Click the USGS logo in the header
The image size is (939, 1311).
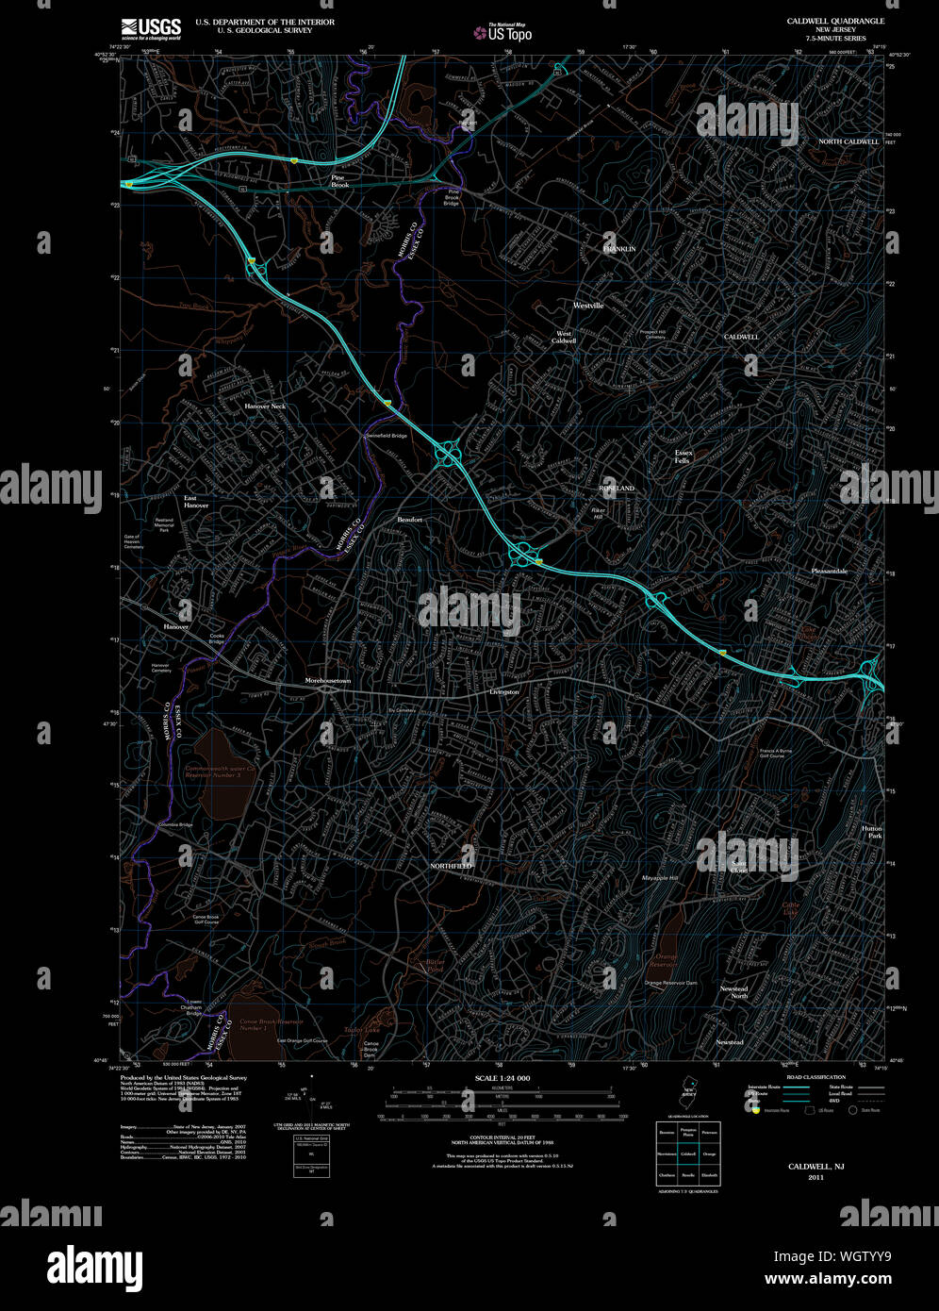[x=150, y=27]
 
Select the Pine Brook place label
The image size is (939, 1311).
[x=339, y=181]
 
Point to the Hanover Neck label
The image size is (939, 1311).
[x=265, y=406]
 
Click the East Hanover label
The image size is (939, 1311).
[x=196, y=501]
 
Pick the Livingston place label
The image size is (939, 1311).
[x=504, y=692]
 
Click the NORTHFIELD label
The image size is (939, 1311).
[x=451, y=865]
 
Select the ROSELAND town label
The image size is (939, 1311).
[x=618, y=488]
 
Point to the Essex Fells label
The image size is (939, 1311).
[x=684, y=456]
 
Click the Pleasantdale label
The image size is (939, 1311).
[x=830, y=572]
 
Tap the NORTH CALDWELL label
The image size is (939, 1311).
[x=848, y=141]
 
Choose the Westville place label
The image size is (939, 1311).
[x=588, y=306]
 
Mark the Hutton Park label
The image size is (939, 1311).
[x=872, y=832]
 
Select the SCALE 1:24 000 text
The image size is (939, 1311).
[x=502, y=1077]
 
